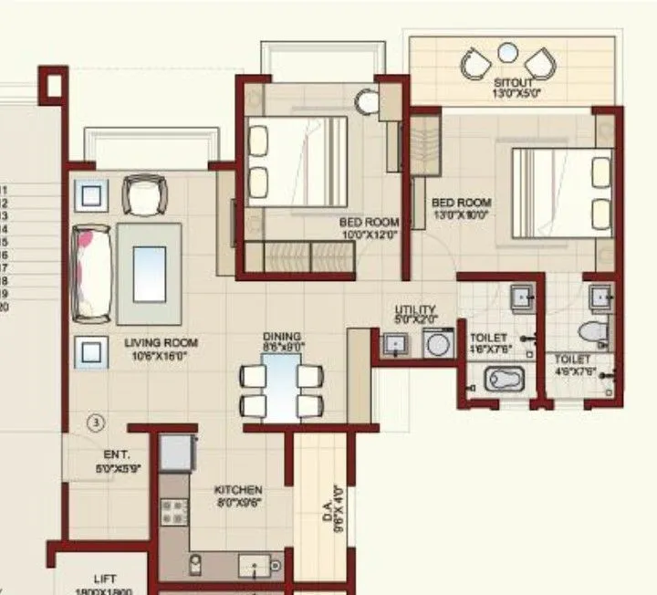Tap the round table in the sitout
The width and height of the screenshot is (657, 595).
[x=508, y=52]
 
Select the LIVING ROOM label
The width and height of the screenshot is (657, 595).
[x=161, y=343]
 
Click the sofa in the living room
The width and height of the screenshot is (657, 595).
[x=93, y=273]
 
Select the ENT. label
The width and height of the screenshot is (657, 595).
[x=116, y=454]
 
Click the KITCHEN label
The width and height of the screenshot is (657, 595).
[x=238, y=490]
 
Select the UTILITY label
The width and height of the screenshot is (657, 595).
[x=415, y=310]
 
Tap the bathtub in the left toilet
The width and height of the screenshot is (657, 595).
[x=505, y=379]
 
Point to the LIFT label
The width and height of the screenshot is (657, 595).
[x=105, y=579]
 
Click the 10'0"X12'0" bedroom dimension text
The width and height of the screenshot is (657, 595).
[x=370, y=234]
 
